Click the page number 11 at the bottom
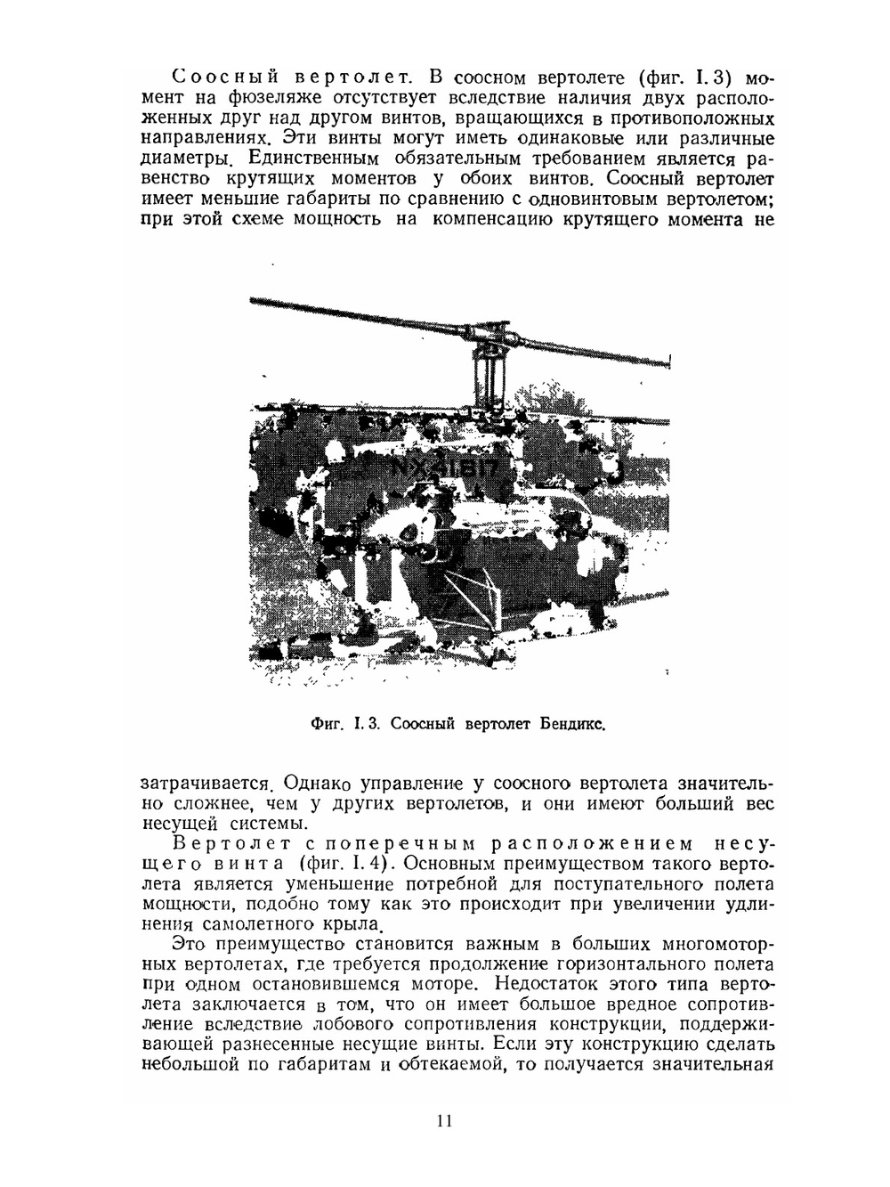[445, 1121]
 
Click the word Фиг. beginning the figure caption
[321, 723]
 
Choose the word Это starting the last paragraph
[188, 944]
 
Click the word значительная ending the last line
[713, 1065]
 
